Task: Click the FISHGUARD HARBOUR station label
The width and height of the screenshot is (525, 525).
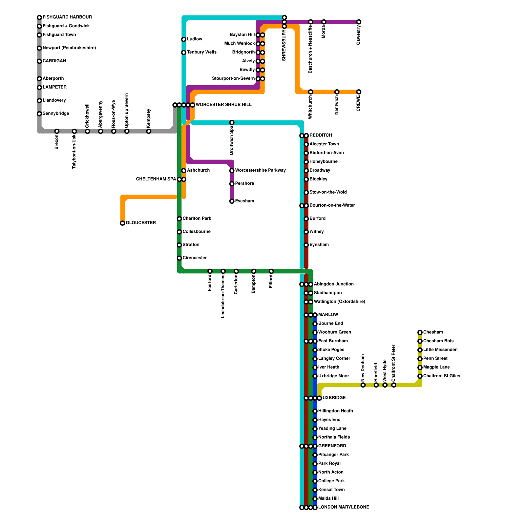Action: [x=67, y=17]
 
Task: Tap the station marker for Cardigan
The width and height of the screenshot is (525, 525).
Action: [x=39, y=61]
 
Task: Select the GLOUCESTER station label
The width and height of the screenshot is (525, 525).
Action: [x=141, y=223]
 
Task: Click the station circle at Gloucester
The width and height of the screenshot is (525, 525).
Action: [x=122, y=223]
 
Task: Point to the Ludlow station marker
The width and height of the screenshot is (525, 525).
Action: [x=184, y=39]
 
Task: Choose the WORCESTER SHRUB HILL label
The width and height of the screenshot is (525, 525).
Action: [x=223, y=105]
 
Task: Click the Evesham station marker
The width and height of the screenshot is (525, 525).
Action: [x=232, y=201]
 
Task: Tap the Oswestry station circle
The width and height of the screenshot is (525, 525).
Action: [x=359, y=22]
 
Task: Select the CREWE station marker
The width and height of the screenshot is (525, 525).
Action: [x=359, y=92]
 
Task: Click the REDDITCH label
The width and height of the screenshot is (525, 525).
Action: [x=321, y=135]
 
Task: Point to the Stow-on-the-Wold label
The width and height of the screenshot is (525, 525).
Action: [x=328, y=192]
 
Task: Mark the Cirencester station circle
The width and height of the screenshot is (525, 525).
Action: [x=179, y=258]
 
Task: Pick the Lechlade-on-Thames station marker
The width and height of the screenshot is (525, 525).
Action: [x=223, y=271]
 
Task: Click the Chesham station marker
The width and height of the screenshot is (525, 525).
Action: [x=420, y=332]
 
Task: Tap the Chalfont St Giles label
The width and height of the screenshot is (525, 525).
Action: [x=442, y=376]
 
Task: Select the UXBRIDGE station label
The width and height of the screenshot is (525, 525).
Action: [x=334, y=398]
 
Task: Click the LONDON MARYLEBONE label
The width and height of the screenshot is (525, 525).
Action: [x=344, y=507]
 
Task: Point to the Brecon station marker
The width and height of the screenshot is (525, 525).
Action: [x=57, y=131]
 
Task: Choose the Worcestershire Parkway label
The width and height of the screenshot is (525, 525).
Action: [x=260, y=170]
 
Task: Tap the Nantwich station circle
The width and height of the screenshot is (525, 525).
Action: [x=337, y=92]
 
